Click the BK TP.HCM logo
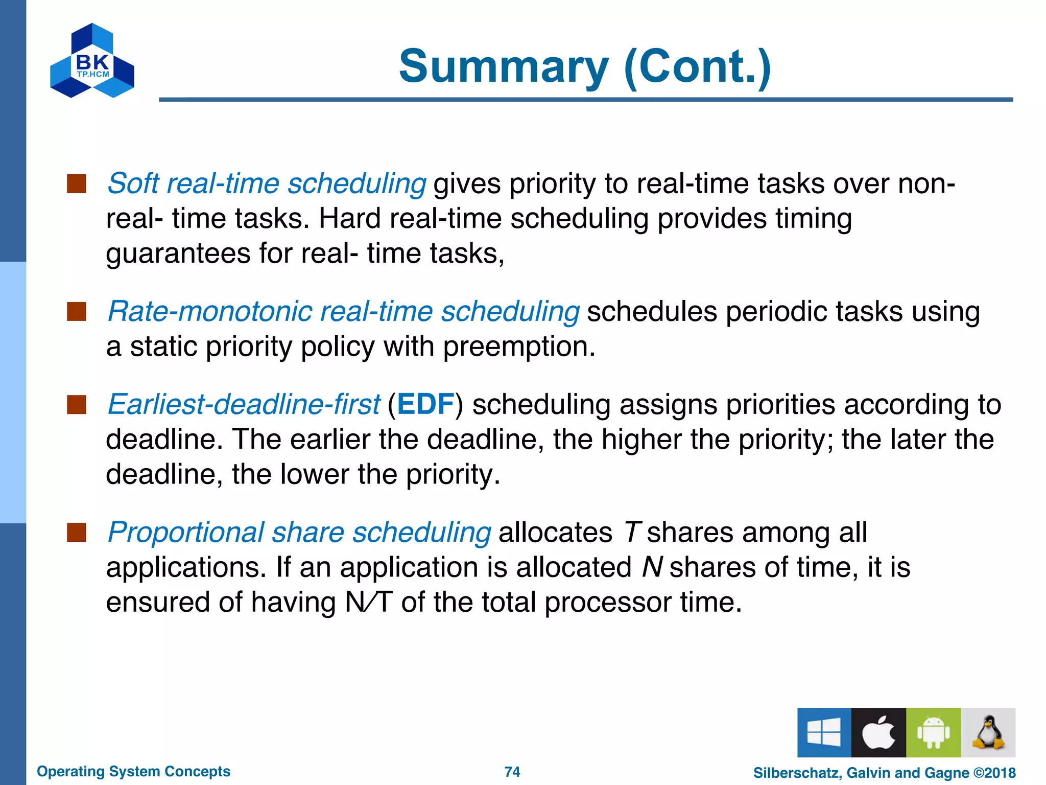(92, 61)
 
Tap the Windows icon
(824, 732)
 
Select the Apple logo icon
(878, 732)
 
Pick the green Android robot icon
(933, 732)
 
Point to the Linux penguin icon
(988, 732)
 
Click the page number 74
(512, 772)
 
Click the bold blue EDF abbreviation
(425, 404)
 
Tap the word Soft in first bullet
(133, 183)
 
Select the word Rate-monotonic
(210, 311)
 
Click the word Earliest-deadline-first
(244, 404)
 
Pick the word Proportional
(186, 533)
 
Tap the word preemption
(518, 348)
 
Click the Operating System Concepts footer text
(133, 771)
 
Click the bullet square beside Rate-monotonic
(76, 311)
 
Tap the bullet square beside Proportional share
(76, 532)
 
